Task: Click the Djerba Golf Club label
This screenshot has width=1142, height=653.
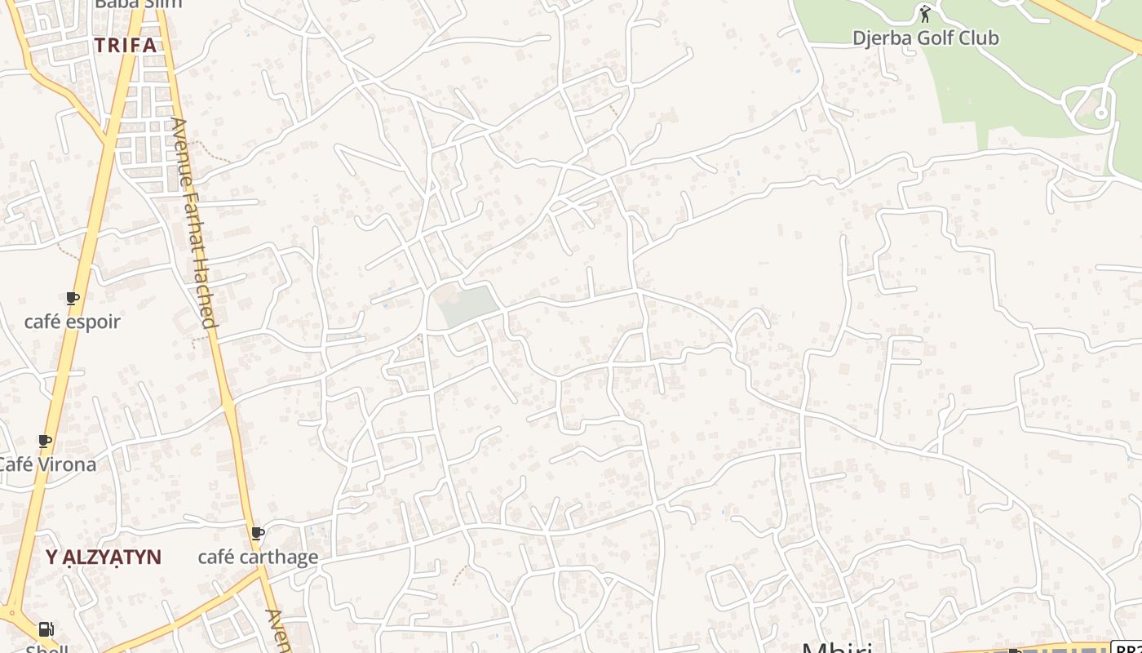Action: tap(925, 38)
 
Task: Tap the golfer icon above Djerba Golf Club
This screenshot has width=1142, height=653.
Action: tap(924, 14)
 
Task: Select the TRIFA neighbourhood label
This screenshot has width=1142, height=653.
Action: tap(125, 45)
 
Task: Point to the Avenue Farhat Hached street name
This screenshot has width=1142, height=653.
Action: tap(194, 222)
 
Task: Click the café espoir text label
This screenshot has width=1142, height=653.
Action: tap(73, 322)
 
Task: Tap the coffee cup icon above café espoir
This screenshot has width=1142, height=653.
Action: tap(73, 299)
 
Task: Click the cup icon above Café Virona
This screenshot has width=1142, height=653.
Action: tap(46, 442)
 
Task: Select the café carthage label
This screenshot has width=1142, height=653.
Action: tap(258, 557)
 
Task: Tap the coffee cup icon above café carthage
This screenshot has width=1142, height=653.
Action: tap(258, 534)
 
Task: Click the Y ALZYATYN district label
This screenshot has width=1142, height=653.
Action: tap(104, 557)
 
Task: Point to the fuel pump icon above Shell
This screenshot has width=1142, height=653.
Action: tap(46, 629)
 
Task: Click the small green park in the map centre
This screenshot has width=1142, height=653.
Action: tap(467, 306)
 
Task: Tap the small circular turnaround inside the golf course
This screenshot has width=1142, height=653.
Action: tap(1101, 113)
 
